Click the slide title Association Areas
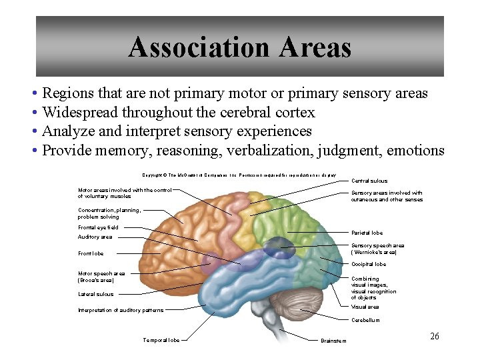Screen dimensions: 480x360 (x=239, y=47)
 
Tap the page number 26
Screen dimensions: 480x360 (x=435, y=336)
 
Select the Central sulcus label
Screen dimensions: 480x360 (x=369, y=181)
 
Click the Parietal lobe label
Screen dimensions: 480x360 (x=367, y=233)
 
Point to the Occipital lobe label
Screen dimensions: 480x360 (x=369, y=264)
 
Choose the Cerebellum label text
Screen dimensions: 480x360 (x=365, y=320)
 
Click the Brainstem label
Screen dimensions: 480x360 (x=333, y=341)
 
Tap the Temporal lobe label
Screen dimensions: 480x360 (x=161, y=340)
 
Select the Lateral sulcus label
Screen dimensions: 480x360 (x=95, y=294)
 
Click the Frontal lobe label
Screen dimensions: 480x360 (x=91, y=253)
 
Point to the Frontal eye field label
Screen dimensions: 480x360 (x=98, y=227)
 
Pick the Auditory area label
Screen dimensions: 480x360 (x=95, y=237)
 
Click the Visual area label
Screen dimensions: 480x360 (x=365, y=307)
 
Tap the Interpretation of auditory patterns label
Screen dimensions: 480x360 (x=120, y=310)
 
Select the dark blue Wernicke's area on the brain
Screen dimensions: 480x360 (x=277, y=249)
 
